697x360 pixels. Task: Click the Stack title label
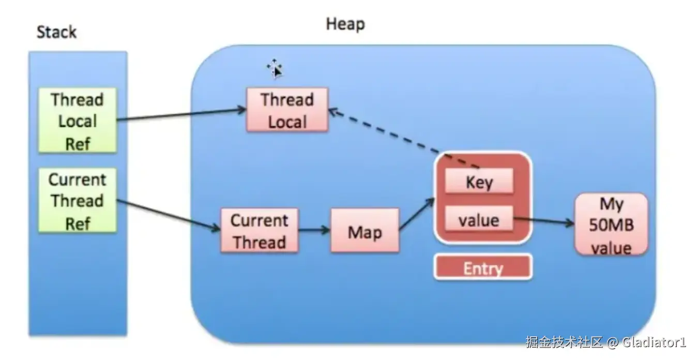click(x=57, y=32)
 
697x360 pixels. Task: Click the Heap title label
click(x=345, y=24)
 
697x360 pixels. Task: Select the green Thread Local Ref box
click(x=78, y=121)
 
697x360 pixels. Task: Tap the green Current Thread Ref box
click(x=78, y=201)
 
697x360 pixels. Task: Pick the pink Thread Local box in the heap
click(x=287, y=110)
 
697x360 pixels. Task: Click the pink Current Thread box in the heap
click(x=260, y=230)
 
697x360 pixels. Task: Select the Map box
click(x=365, y=230)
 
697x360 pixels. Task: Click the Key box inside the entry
click(x=479, y=182)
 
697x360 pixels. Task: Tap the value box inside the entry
click(x=479, y=219)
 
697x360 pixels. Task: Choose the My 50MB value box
click(x=611, y=224)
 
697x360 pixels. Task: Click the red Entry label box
click(x=483, y=267)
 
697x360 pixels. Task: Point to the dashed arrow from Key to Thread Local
click(x=404, y=139)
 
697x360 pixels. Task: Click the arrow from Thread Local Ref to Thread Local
click(x=181, y=114)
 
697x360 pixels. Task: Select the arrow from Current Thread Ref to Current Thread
click(x=169, y=215)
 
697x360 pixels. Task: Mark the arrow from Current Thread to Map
click(x=314, y=230)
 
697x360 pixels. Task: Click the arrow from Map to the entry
click(x=417, y=214)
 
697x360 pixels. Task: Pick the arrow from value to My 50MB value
click(x=544, y=221)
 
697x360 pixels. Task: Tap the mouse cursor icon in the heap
click(x=275, y=68)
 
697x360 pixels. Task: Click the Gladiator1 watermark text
click(x=654, y=342)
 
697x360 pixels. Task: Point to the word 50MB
click(x=611, y=224)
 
